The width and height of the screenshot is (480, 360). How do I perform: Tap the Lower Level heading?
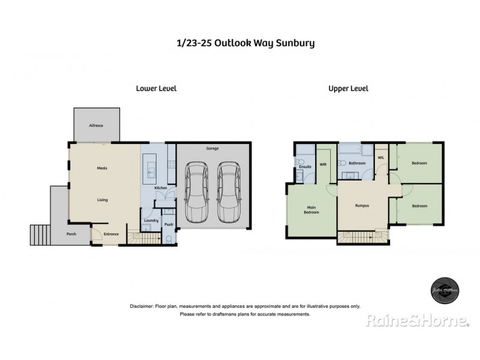[156, 88]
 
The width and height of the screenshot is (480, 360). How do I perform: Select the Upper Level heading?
[348, 88]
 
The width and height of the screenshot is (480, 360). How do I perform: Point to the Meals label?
[103, 169]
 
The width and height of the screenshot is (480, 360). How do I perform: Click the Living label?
[103, 199]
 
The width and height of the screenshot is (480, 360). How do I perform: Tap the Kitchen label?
[160, 188]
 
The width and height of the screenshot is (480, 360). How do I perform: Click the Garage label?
[211, 148]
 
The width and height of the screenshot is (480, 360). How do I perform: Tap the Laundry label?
[151, 220]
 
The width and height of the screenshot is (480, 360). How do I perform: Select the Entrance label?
[111, 234]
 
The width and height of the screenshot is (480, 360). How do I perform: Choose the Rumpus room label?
[361, 205]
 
